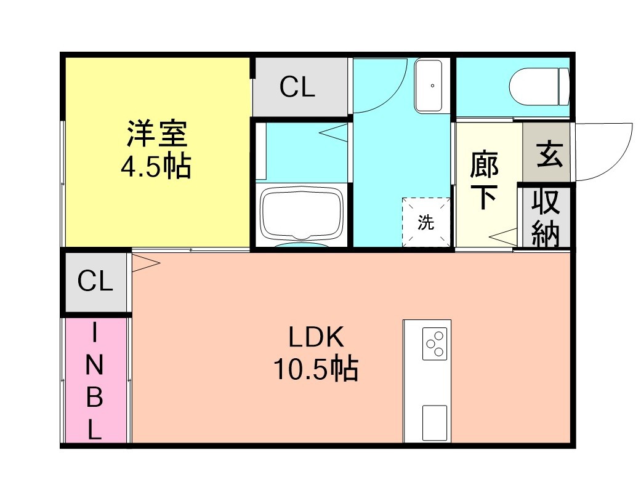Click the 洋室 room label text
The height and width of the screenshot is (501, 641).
coord(156,134)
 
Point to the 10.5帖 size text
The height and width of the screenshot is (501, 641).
coord(315,369)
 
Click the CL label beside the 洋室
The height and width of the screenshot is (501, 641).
coord(297,87)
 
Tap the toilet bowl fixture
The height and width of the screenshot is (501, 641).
coord(539,87)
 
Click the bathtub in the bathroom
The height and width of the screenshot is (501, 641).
coord(301,212)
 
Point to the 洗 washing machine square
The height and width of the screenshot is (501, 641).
coord(425,222)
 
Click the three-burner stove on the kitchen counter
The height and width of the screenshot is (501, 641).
coord(433,344)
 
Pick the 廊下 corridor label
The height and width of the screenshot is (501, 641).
coord(484,181)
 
